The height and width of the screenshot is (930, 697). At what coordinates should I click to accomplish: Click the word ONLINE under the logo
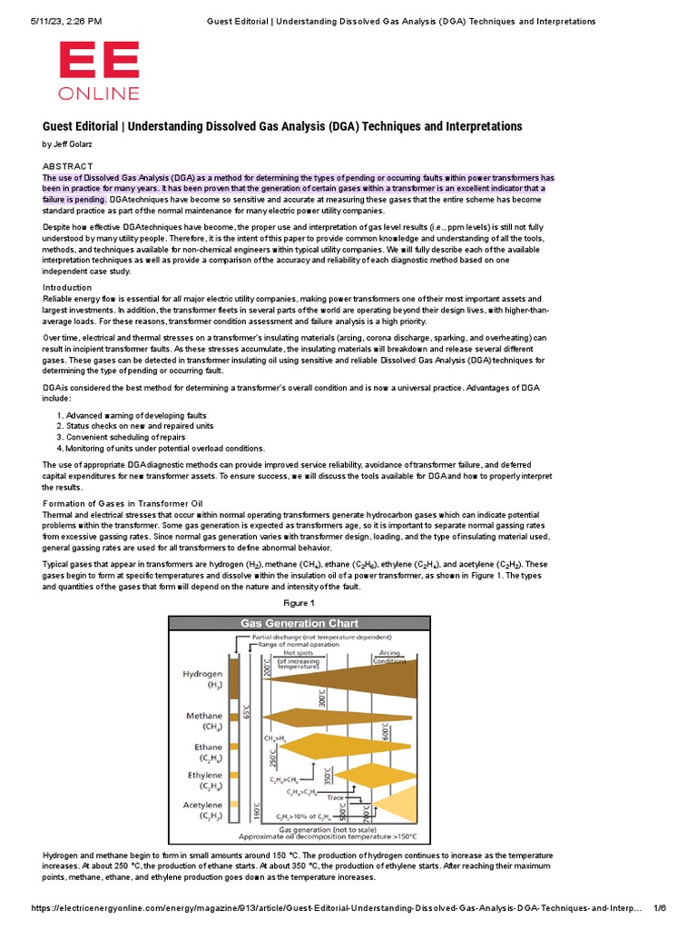coord(99,93)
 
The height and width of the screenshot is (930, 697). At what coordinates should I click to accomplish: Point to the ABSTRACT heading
coord(68,165)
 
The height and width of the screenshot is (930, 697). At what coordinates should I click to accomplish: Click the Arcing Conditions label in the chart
coord(388,656)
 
